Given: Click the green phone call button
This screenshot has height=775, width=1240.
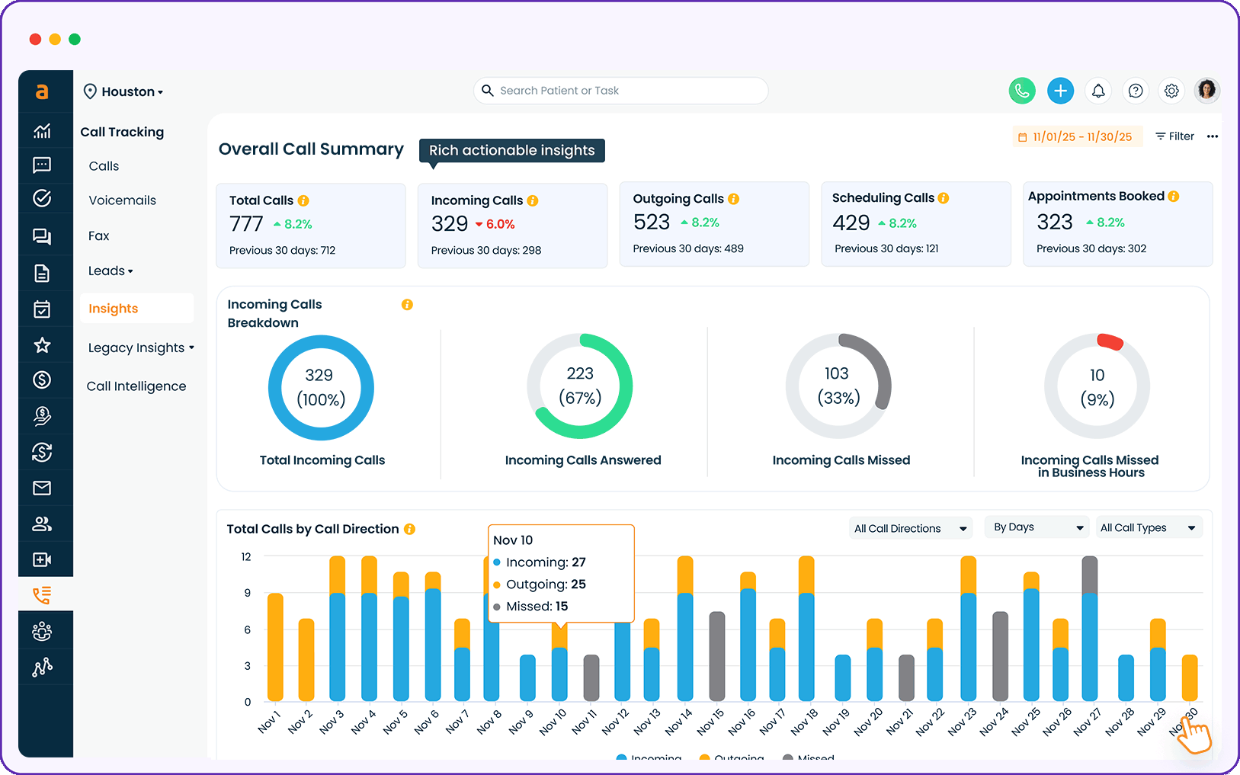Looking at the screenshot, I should click(x=1022, y=91).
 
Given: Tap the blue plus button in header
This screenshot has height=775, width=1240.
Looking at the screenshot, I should click(x=1060, y=91).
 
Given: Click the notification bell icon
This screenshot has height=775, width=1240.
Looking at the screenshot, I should click(x=1098, y=91).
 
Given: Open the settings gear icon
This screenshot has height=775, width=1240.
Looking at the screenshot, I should click(x=1171, y=91).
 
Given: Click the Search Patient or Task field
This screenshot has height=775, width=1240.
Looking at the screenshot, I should click(x=620, y=91).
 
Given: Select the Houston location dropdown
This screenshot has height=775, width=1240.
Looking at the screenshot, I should click(x=123, y=91).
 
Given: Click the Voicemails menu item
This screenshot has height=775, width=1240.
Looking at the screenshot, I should click(x=122, y=200).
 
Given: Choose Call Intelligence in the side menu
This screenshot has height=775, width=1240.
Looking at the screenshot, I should click(x=136, y=386).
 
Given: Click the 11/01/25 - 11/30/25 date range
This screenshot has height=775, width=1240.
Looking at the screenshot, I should click(x=1076, y=137).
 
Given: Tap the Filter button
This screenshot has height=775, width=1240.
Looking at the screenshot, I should click(x=1174, y=136).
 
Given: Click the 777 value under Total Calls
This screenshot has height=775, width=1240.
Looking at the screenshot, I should click(x=246, y=224).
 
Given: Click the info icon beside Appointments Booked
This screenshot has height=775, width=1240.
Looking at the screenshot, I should click(x=1174, y=197).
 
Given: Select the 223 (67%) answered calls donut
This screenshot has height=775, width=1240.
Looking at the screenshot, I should click(x=580, y=386).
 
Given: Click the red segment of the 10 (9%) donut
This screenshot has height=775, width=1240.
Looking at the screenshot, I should click(x=1110, y=341).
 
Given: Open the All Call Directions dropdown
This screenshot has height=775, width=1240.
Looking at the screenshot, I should click(x=910, y=528).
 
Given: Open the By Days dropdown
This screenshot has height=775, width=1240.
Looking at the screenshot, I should click(x=1037, y=527).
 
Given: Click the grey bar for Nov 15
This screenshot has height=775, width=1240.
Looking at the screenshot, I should click(x=716, y=655).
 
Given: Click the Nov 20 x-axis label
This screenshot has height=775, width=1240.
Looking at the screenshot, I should click(x=869, y=722).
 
